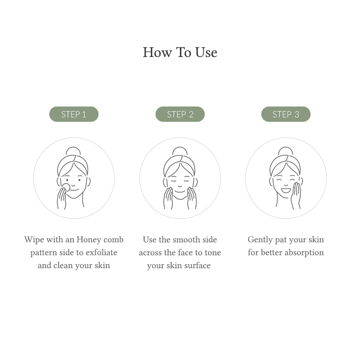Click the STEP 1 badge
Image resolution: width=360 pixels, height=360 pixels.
[74, 114]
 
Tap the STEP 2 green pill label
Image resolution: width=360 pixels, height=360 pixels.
[180, 114]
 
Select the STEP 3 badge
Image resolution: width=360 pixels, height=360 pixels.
[286, 114]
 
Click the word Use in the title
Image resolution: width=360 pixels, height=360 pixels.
[206, 52]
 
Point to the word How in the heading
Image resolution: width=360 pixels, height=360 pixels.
[157, 52]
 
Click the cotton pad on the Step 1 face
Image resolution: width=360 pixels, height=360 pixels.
[66, 187]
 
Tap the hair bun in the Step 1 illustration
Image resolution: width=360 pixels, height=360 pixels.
[73, 151]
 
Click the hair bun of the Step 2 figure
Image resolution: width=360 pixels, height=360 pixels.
[180, 151]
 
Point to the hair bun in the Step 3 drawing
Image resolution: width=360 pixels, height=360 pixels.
[286, 151]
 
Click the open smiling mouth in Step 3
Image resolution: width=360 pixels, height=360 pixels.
[286, 190]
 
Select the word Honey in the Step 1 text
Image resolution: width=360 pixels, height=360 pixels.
[89, 240]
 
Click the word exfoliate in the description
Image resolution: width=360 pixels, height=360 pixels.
[101, 253]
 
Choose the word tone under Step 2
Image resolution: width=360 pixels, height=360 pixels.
[213, 253]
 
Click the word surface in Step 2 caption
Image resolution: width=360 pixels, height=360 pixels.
[197, 265]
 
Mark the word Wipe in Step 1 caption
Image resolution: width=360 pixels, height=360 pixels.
[34, 240]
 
